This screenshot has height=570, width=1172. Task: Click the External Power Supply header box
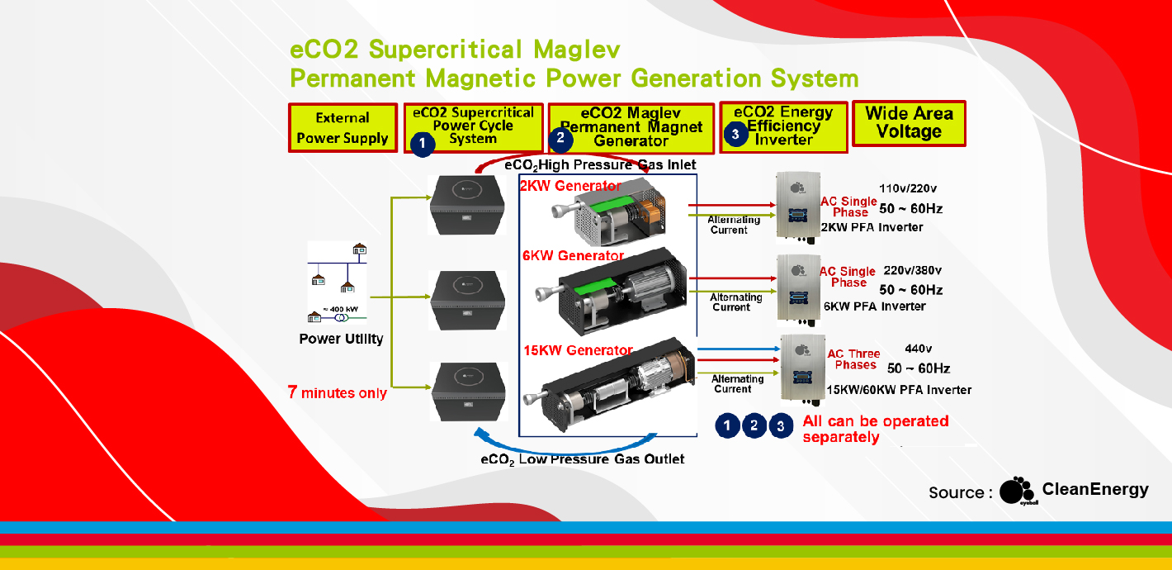343,128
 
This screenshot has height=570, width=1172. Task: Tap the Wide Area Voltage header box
909,123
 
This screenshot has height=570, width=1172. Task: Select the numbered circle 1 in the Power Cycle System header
422,144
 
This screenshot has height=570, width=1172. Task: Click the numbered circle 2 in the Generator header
560,138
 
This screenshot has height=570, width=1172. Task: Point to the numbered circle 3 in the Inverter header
735,134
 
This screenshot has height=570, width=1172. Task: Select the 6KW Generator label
574,256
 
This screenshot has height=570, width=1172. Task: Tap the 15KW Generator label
578,350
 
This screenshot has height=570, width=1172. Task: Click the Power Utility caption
341,339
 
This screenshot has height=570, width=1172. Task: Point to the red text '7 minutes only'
337,392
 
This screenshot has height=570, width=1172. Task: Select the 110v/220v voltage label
909,188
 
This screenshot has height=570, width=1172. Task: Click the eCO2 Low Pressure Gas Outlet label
582,458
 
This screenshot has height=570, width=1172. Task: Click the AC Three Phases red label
854,359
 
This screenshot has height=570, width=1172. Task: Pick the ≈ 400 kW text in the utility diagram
340,309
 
